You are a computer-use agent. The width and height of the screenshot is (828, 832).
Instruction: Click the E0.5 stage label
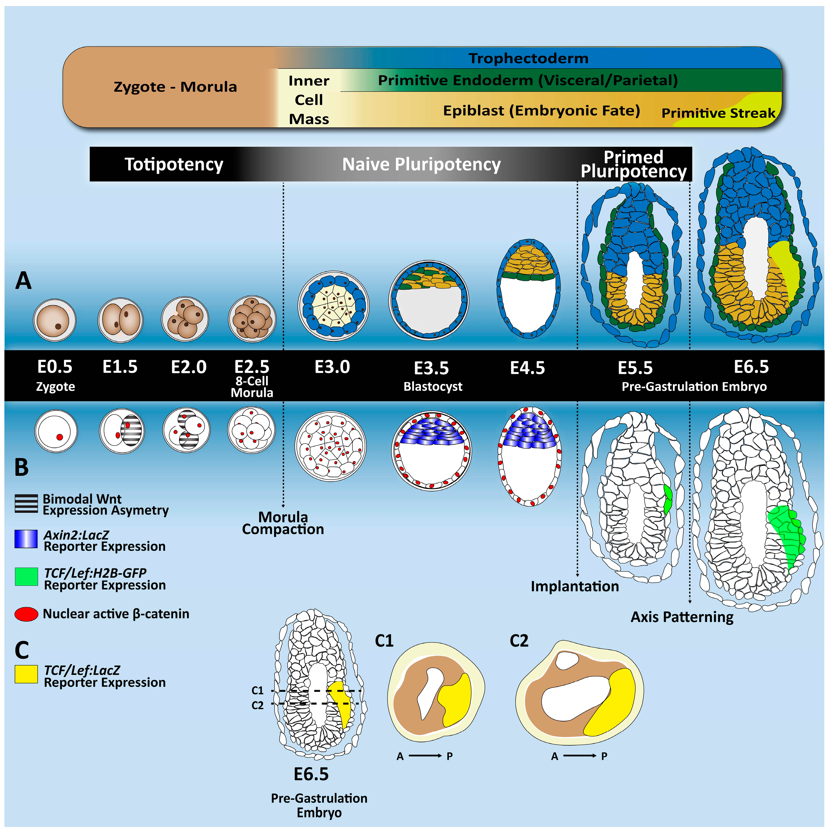[x=55, y=367]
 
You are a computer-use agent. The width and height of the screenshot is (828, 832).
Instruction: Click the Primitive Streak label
[x=718, y=113]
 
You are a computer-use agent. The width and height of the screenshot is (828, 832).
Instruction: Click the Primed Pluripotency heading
[x=633, y=164]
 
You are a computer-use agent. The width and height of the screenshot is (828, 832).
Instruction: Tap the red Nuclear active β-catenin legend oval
[x=26, y=614]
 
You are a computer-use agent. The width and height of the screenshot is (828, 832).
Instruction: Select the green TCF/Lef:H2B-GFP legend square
[x=26, y=576]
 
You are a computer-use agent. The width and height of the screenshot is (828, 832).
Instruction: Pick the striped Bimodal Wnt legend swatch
[x=26, y=503]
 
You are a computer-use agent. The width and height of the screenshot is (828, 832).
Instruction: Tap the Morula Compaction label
[x=283, y=523]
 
